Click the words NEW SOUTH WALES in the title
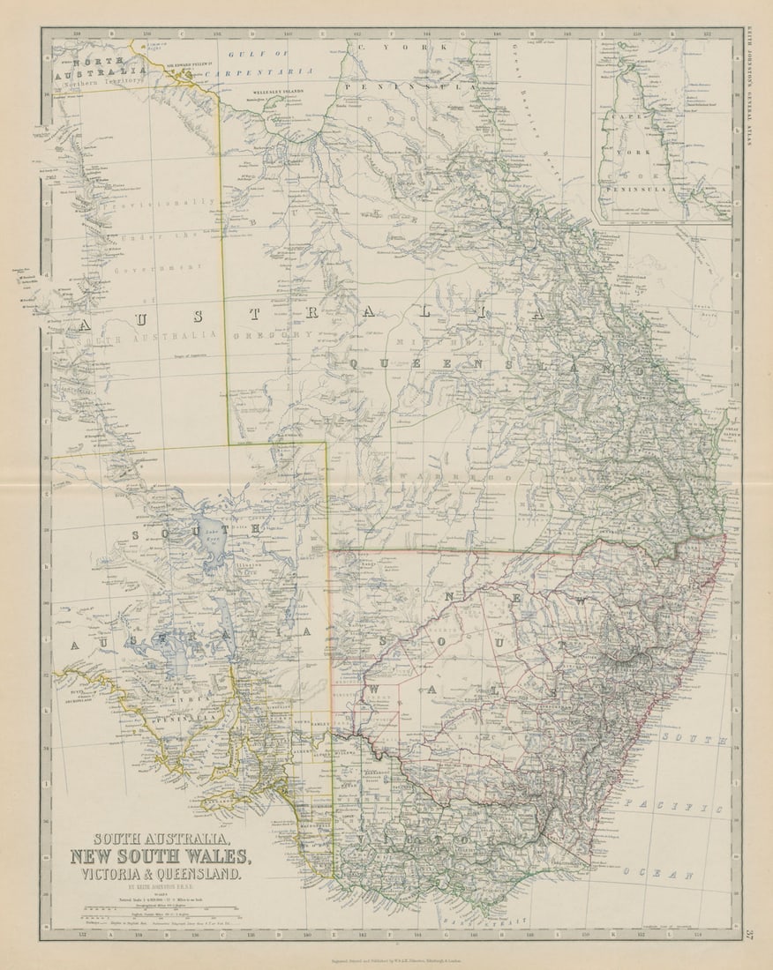(x=161, y=855)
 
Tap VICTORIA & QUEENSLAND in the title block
(x=161, y=875)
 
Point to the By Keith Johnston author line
(x=159, y=890)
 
